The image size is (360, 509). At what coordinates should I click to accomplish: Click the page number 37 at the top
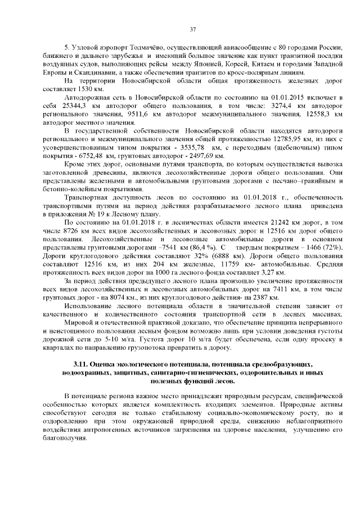[x=192, y=29]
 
